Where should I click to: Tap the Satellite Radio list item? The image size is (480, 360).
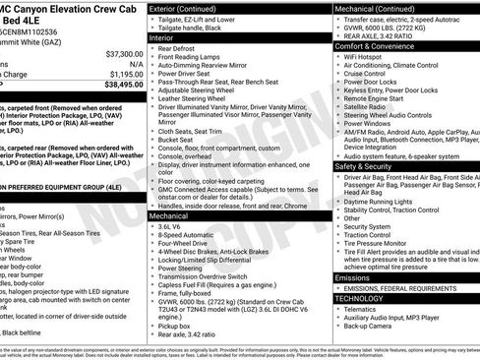pos(364,106)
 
